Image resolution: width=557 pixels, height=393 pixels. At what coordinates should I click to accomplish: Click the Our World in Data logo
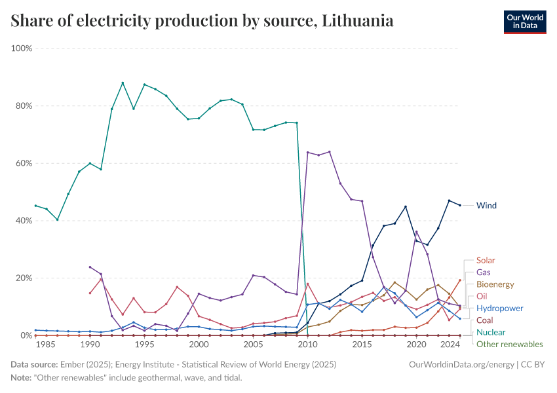524,22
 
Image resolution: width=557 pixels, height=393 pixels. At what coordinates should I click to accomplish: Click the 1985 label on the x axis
47,345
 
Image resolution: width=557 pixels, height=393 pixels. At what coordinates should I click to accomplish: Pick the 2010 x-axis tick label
307,345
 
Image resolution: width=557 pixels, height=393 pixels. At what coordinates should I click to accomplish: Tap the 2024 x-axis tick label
449,345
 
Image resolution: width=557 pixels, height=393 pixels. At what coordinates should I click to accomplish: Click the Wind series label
486,206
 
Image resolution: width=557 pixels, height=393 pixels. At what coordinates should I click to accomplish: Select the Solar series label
486,261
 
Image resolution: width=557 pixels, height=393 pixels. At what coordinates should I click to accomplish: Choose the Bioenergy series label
495,285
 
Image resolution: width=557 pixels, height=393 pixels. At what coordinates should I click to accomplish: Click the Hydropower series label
499,309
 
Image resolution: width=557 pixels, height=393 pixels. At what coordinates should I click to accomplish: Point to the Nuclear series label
491,332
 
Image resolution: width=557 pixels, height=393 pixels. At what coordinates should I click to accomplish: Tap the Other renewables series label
509,344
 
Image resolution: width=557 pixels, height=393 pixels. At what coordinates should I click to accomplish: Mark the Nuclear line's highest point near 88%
123,83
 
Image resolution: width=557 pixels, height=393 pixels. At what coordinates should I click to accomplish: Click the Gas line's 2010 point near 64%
307,153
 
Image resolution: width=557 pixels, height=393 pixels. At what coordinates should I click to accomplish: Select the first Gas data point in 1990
90,267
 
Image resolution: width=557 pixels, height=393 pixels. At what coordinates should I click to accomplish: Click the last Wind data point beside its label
459,205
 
